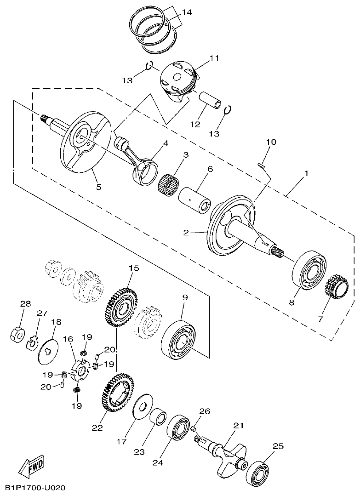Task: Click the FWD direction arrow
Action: [32, 468]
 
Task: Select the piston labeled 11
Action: [178, 82]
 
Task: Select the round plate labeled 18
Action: [48, 351]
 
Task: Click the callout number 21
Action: [238, 426]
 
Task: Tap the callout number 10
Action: [271, 142]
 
